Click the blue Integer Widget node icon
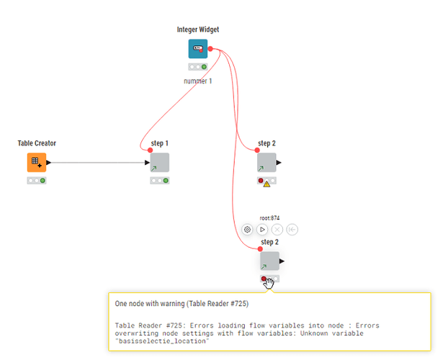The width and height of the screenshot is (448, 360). click(198, 48)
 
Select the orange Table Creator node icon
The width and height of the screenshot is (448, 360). click(37, 162)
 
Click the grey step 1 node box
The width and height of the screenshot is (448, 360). click(159, 162)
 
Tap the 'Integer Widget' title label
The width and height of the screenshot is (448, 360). click(198, 30)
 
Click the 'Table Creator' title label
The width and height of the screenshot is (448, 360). click(37, 143)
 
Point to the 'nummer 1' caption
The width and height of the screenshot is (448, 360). click(198, 81)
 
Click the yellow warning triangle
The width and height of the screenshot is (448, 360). click(266, 184)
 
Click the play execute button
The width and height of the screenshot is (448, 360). click(262, 230)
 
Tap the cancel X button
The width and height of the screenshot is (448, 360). click(277, 230)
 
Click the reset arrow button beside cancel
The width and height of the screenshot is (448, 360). click(292, 230)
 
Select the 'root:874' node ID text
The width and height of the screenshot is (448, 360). click(269, 218)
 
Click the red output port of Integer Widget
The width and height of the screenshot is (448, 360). click(210, 49)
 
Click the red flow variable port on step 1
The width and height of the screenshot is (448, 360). click(150, 150)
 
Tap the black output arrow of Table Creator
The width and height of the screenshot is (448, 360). click(48, 163)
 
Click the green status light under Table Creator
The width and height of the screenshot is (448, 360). click(42, 181)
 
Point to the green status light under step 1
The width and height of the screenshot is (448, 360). click(166, 181)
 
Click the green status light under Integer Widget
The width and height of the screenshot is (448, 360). click(204, 67)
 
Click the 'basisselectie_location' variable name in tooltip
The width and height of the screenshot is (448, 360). click(162, 341)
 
